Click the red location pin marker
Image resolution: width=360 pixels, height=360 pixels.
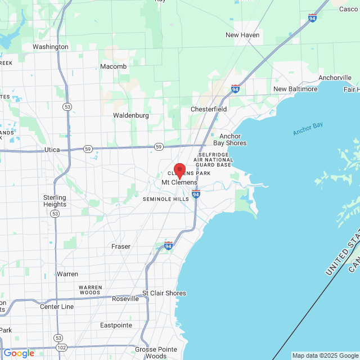[179, 170]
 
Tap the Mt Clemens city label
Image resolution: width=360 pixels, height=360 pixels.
[179, 183]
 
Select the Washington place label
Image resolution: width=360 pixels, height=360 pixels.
[51, 47]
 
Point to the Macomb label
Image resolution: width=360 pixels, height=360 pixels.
[113, 66]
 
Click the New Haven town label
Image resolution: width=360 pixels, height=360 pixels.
[242, 35]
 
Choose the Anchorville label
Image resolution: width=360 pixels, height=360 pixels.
[335, 78]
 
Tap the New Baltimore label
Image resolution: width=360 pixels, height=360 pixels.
[295, 89]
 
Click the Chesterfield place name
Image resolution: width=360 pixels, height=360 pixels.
[209, 109]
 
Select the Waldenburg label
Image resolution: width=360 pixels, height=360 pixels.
[131, 115]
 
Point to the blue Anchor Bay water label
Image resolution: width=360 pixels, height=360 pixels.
[308, 129]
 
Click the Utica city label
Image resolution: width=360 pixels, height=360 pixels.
[52, 150]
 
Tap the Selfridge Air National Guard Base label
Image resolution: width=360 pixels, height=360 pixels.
[212, 159]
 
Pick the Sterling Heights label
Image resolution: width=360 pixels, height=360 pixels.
[55, 201]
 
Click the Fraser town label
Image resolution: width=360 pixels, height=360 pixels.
[121, 246]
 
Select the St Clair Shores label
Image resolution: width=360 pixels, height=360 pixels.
[164, 293]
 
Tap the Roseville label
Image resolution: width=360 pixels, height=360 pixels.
[125, 299]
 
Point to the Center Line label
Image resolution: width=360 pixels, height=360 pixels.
[57, 307]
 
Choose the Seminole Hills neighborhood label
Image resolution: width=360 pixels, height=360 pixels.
[166, 199]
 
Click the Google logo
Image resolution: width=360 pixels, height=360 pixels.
[19, 353]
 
